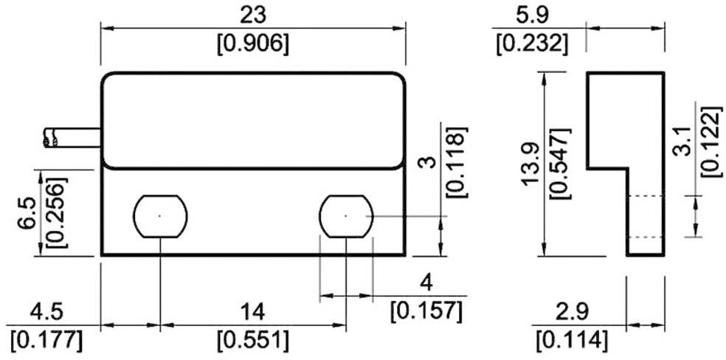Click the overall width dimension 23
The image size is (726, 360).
coord(252,15)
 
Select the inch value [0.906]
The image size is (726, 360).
coord(252,44)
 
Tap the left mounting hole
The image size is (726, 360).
coord(159,216)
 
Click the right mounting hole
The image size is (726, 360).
coord(346,216)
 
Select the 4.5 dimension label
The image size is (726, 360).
coord(46,309)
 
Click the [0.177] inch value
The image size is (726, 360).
coord(46,341)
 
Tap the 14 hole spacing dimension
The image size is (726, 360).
coord(252,309)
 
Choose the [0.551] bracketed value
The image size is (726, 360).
coord(252,341)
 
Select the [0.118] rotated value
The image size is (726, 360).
coord(456,161)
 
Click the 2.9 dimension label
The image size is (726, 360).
coord(572,309)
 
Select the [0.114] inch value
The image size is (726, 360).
coord(572,341)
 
